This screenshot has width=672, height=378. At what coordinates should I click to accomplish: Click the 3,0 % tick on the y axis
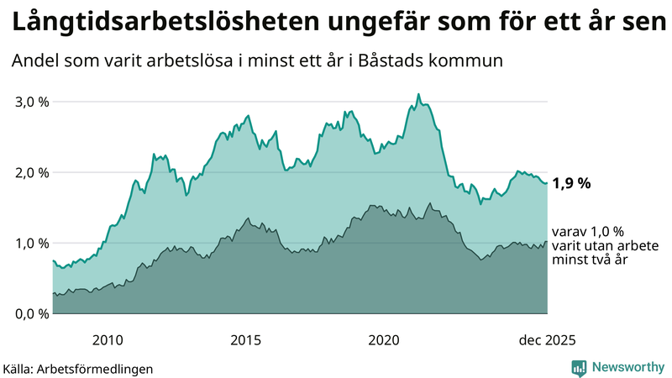(32, 102)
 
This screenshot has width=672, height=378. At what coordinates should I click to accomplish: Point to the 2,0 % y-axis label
(32, 172)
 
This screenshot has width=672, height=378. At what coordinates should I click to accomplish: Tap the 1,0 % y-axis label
(32, 244)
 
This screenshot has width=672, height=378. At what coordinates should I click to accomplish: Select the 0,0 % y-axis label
(32, 314)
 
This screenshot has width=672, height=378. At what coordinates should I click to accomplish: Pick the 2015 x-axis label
(246, 340)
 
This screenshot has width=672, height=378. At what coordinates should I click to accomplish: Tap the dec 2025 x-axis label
(547, 340)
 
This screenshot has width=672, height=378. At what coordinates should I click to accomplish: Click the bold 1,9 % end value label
(572, 182)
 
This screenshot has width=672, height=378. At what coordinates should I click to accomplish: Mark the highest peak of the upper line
(418, 94)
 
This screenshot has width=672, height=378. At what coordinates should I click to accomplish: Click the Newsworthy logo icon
(579, 367)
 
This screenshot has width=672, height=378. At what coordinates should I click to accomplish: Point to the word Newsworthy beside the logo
(627, 367)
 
